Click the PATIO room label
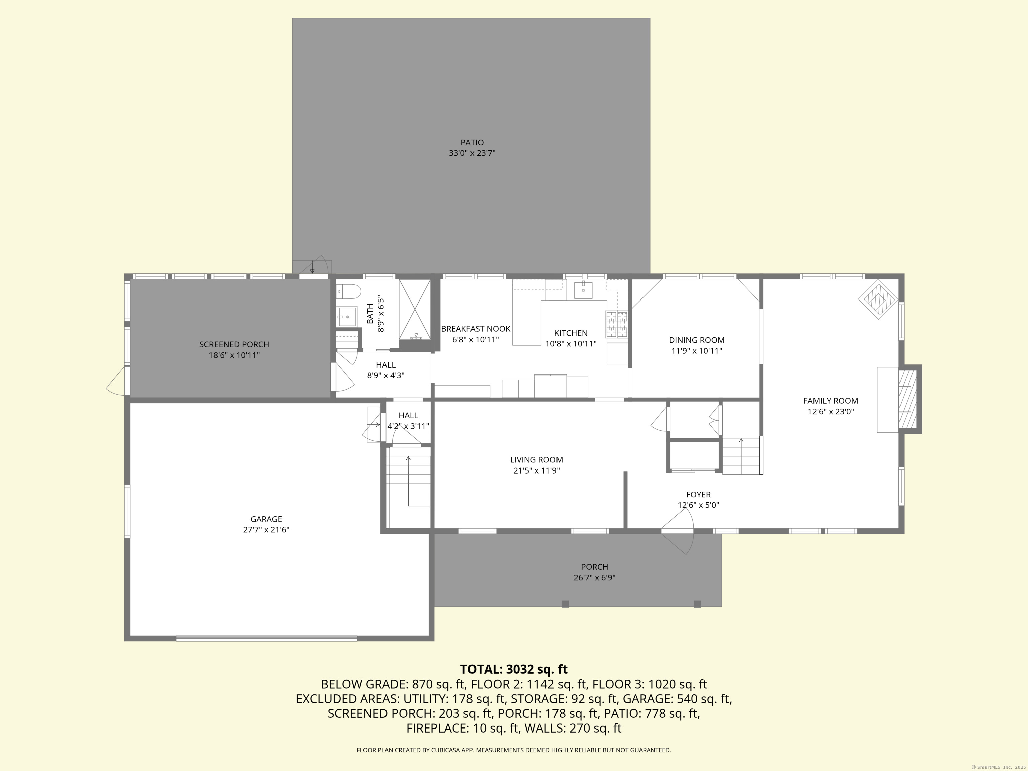[472, 142]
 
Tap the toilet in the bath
[349, 292]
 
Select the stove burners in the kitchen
[617, 324]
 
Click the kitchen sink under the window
[583, 290]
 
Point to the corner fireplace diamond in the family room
[878, 298]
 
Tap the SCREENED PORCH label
[234, 344]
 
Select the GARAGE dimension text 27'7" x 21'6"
[266, 529]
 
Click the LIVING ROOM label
[536, 460]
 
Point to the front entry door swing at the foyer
[678, 531]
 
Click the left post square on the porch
[565, 604]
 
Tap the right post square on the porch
[697, 604]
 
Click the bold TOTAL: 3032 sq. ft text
[514, 669]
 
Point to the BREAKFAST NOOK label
[476, 329]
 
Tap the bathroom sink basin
[347, 317]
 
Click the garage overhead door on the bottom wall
[266, 638]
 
